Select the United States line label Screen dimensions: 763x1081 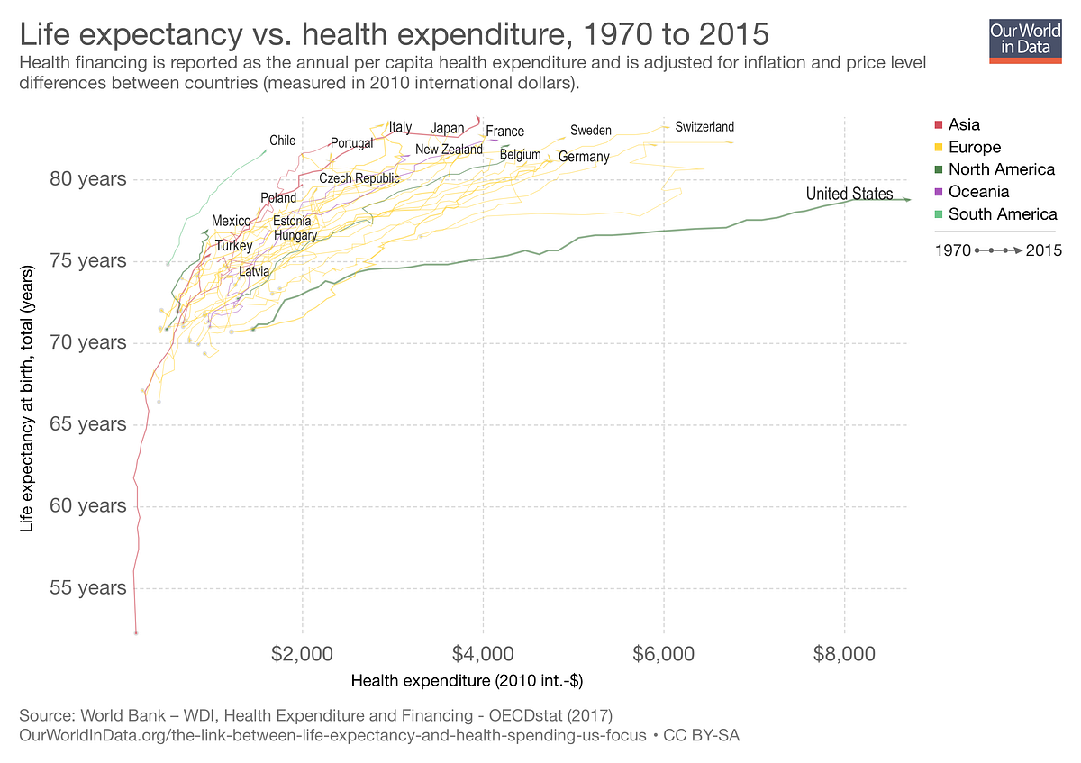(849, 194)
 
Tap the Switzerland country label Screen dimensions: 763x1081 (704, 127)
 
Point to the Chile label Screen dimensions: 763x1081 (282, 141)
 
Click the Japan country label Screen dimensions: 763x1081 (447, 128)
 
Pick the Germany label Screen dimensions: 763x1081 (584, 157)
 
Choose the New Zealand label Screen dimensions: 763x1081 (449, 150)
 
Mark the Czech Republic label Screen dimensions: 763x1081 (359, 178)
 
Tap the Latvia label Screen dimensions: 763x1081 (253, 270)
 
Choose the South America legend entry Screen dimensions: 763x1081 (1001, 214)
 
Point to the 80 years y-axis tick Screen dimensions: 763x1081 (87, 179)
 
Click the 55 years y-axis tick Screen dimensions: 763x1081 (87, 588)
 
